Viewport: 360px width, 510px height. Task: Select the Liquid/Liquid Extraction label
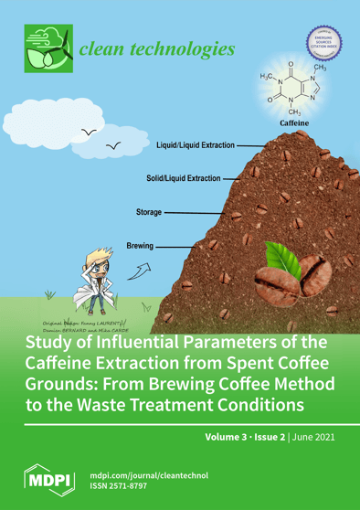[x=195, y=144]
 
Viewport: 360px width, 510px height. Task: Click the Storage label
[x=149, y=212]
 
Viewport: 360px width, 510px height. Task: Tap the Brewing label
[x=141, y=245]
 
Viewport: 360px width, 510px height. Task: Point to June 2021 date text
[x=310, y=436]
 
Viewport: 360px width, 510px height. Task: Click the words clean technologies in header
[x=157, y=48]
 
